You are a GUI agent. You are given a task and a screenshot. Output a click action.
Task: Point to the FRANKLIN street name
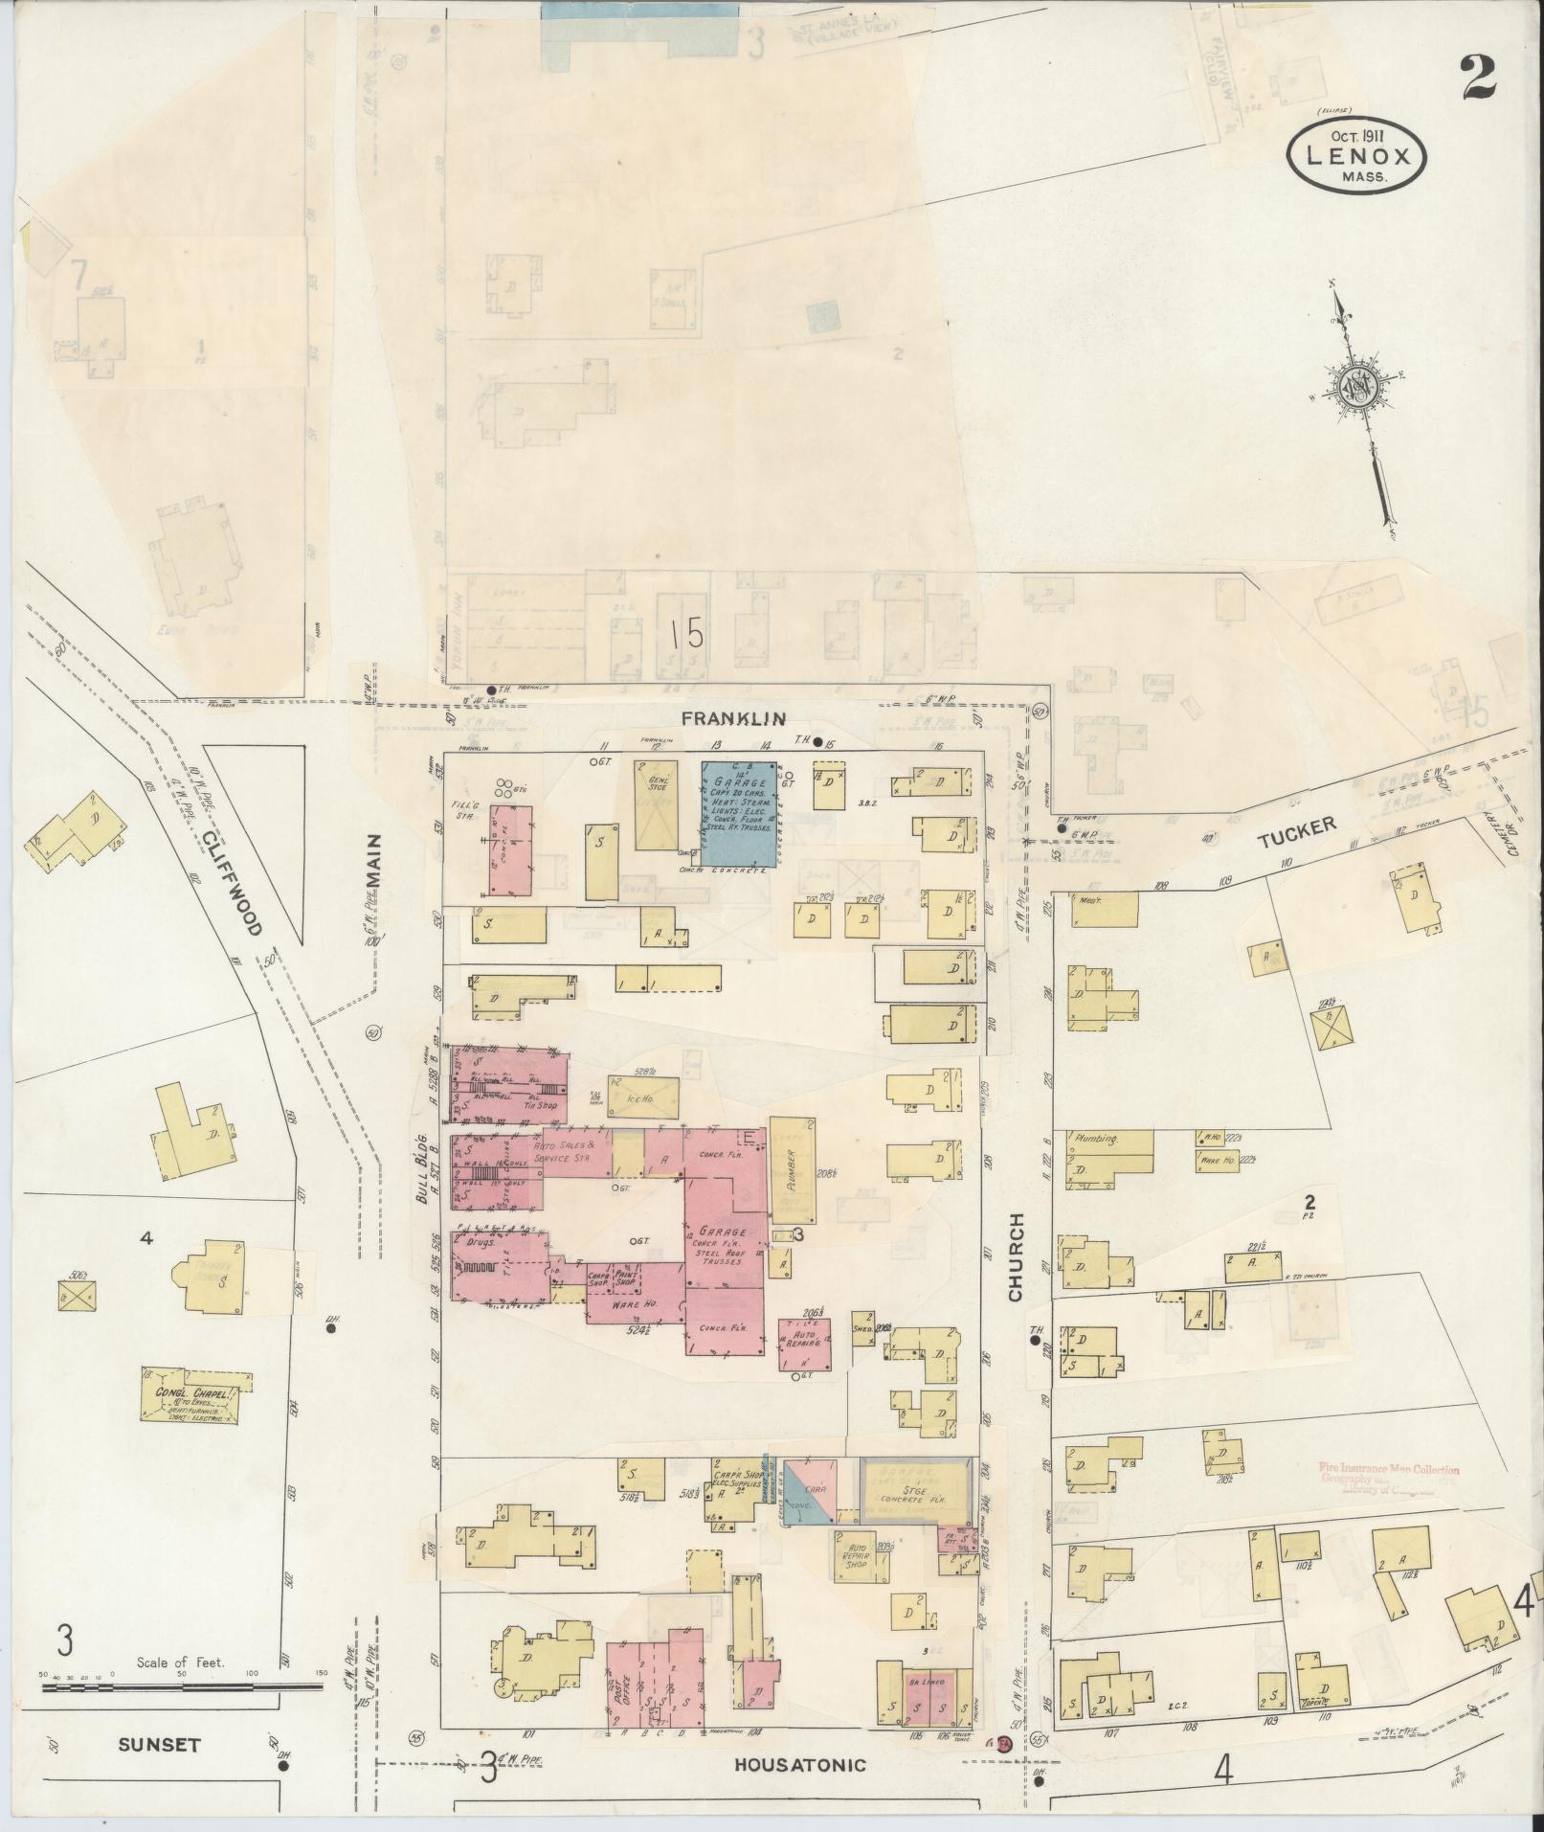(734, 718)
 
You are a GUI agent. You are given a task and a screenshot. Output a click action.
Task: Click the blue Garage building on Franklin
(738, 811)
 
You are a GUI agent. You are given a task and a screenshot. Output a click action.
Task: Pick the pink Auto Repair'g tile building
(804, 1340)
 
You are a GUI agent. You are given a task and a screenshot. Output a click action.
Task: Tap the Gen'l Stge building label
(657, 785)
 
